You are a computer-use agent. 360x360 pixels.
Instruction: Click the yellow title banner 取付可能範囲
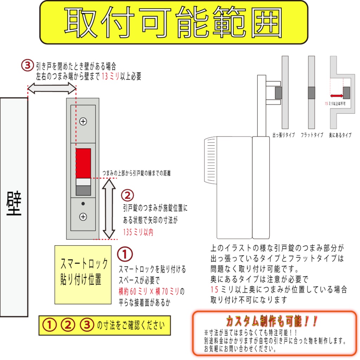174,22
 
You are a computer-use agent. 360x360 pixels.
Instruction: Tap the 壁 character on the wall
14,204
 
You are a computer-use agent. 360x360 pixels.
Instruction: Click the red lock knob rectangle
83,163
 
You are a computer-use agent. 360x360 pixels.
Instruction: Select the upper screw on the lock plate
83,122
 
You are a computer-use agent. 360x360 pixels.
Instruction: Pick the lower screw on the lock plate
83,217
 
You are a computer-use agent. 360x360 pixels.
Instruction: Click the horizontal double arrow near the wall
52,89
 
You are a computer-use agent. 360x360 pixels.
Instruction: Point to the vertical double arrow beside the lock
109,208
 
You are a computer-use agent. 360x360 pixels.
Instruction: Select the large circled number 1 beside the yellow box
125,255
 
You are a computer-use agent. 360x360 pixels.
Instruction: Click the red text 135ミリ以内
138,232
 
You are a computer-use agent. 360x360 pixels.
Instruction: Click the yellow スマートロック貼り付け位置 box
83,274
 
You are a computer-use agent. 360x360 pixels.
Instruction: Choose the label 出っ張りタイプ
284,135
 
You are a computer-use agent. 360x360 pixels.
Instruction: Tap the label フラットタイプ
312,135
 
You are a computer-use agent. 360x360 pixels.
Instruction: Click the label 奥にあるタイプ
340,135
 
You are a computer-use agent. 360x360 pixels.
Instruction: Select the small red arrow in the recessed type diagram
337,95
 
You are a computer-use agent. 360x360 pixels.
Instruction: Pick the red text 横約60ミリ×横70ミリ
149,291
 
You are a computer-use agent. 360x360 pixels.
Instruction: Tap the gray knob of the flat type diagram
311,92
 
